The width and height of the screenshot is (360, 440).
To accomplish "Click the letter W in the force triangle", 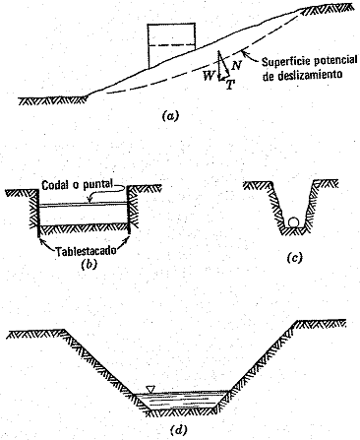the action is click(x=208, y=77).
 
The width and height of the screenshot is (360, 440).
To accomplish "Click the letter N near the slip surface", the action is click(x=236, y=66).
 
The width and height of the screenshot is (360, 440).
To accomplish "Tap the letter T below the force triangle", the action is click(x=230, y=85).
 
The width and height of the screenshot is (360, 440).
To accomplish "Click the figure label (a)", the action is click(x=170, y=116).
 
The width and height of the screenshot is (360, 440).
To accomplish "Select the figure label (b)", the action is click(x=90, y=264).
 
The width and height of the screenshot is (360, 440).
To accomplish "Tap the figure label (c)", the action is click(x=294, y=258).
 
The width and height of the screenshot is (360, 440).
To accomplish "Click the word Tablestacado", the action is click(x=86, y=252).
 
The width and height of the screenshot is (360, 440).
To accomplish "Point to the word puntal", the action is click(x=95, y=185).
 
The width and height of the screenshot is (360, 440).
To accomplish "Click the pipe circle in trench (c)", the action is click(x=293, y=222).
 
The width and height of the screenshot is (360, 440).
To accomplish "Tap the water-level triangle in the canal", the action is click(x=150, y=389).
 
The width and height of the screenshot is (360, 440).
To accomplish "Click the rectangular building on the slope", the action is click(x=171, y=45).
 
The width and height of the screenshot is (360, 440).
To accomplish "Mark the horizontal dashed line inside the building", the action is click(x=171, y=45).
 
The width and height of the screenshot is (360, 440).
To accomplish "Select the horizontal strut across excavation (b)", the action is click(x=83, y=205).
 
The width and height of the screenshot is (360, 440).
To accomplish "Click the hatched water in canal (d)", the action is click(x=182, y=400).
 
